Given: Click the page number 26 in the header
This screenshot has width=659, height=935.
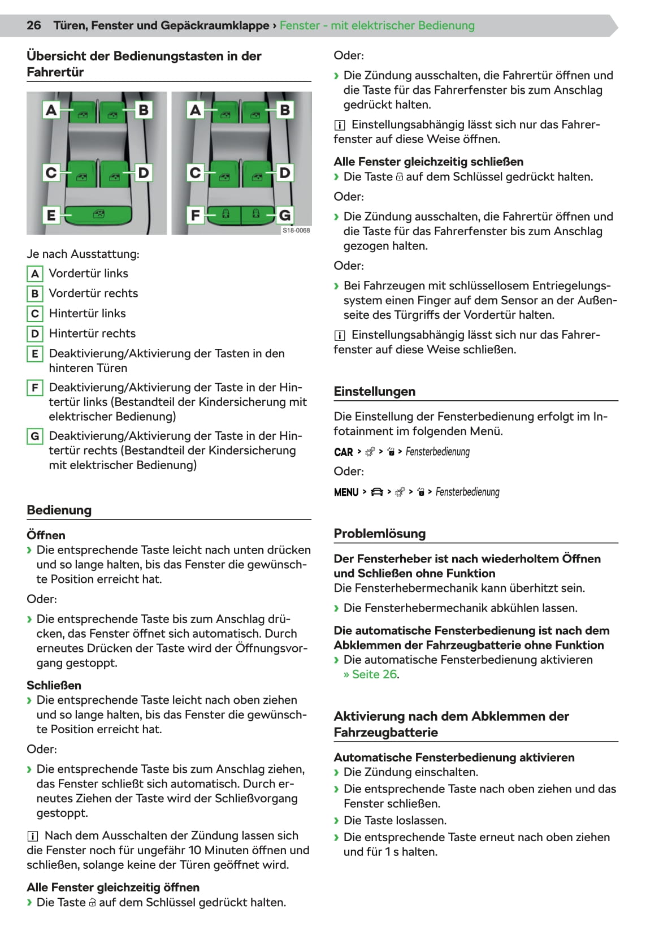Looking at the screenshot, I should tap(34, 25).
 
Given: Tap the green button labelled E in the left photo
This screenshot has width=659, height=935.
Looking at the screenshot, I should tap(99, 215).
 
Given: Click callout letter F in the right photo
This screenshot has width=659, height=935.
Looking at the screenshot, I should tap(196, 215).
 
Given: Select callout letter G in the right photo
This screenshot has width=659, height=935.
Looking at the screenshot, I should tap(284, 215).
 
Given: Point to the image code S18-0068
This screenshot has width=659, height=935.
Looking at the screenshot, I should tap(296, 231).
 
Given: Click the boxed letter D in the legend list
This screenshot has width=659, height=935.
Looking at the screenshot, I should tap(35, 334).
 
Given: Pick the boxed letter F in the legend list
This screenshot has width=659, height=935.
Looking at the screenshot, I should tap(35, 388).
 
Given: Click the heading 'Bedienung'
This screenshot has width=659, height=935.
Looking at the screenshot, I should tap(59, 510).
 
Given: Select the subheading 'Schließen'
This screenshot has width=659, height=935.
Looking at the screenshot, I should tap(54, 685).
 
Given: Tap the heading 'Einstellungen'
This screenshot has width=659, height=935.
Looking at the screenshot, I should tap(374, 391).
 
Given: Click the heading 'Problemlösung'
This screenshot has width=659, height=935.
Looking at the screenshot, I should tap(379, 534).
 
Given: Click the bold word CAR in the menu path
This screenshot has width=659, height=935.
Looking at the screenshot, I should tap(343, 452).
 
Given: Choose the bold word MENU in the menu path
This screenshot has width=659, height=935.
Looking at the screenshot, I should tap(346, 492).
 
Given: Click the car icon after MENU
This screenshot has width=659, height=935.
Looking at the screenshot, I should tap(377, 492).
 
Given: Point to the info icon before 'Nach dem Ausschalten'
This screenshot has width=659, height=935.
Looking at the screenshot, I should tap(32, 836).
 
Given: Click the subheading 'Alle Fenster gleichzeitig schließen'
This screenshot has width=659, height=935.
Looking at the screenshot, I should tap(428, 162).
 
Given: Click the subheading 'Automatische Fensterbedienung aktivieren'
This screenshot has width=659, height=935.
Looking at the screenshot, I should tap(454, 757).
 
